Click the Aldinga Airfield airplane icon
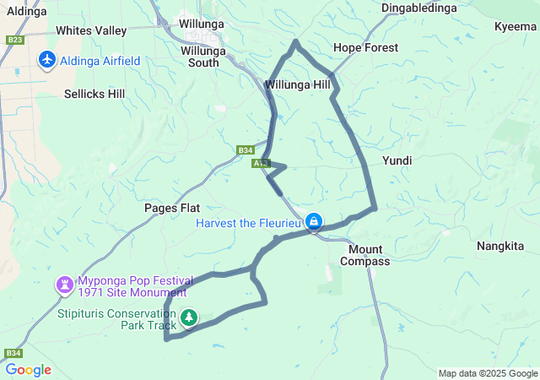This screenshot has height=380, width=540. tap(46, 61)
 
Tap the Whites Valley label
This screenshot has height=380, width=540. tap(90, 30)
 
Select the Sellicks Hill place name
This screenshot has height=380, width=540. tap(94, 94)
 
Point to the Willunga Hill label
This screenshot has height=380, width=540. tap(297, 85)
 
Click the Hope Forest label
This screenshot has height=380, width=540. tap(365, 47)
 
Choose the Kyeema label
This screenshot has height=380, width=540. tap(516, 26)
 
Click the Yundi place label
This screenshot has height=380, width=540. tap(397, 160)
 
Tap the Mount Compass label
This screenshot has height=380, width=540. tap(365, 255)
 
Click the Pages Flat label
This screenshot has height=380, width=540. tap(171, 208)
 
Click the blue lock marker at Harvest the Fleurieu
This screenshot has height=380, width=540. tap(314, 222)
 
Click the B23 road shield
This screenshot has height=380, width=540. tap(14, 40)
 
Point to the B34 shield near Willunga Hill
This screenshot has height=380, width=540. tap(245, 150)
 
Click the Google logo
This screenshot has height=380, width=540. tap(28, 370)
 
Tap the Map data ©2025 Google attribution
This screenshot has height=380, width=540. tap(488, 373)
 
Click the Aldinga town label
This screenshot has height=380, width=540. tap(26, 10)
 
